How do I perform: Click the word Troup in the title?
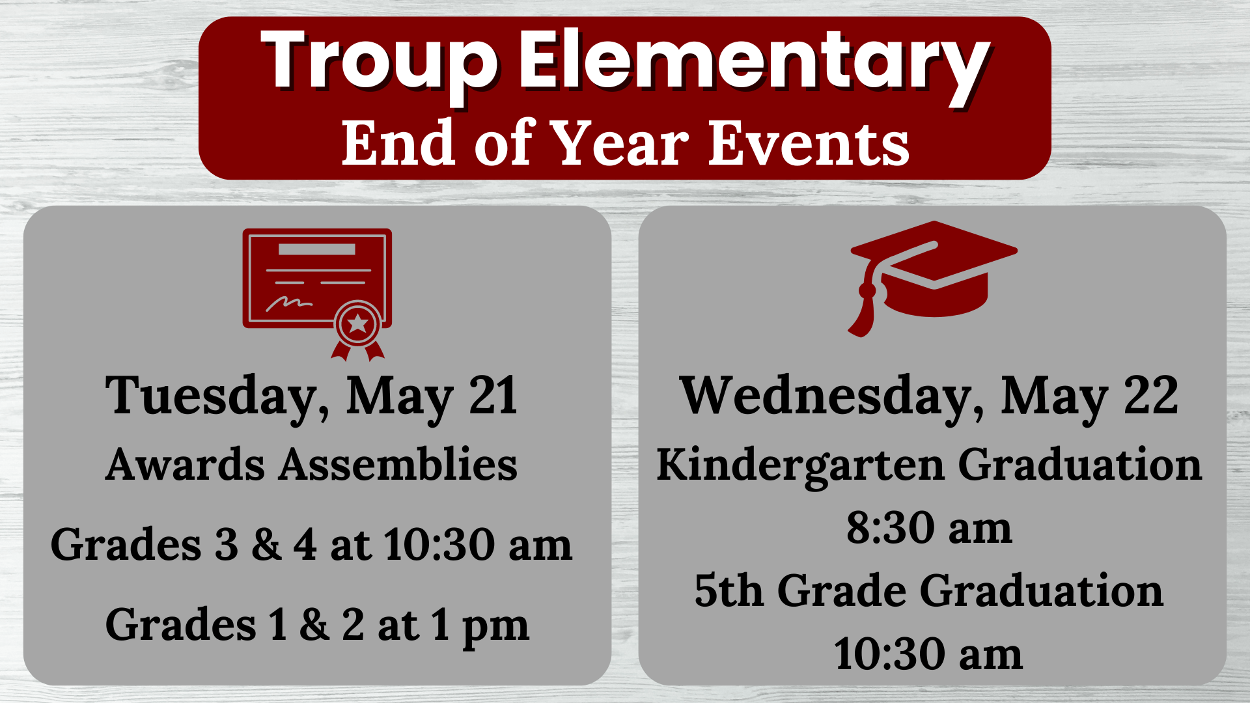(x=379, y=62)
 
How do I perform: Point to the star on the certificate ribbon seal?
(x=357, y=323)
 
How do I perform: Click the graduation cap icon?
(x=933, y=273)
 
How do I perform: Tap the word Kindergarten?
(x=800, y=465)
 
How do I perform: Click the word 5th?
(x=729, y=590)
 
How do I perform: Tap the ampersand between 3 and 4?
(x=266, y=544)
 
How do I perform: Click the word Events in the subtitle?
(x=809, y=143)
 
